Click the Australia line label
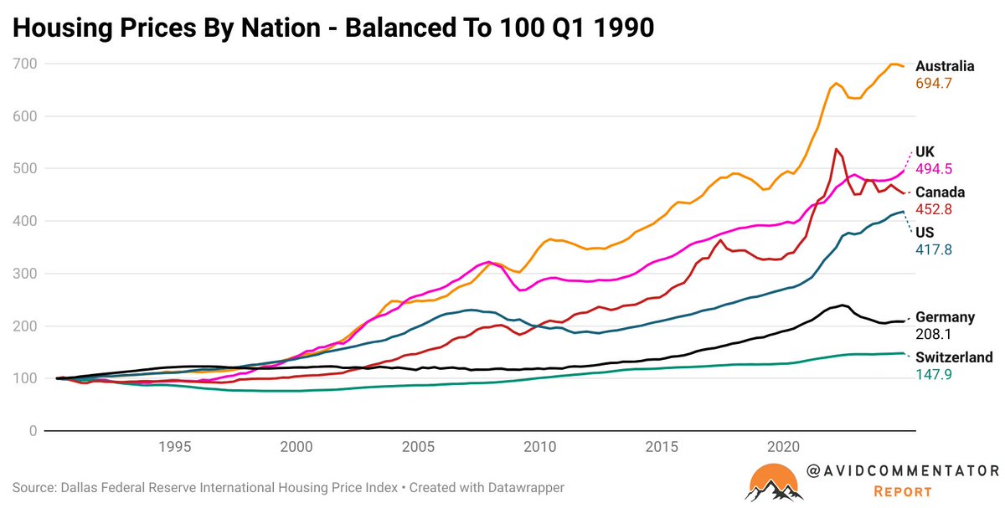point(944,66)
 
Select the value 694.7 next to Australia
point(934,84)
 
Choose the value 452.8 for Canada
point(934,209)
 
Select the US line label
point(925,231)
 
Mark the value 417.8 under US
point(934,249)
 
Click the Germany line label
point(945,317)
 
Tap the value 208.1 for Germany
point(934,334)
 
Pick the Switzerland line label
point(954,357)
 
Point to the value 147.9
point(934,375)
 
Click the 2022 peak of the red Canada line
point(836,150)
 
